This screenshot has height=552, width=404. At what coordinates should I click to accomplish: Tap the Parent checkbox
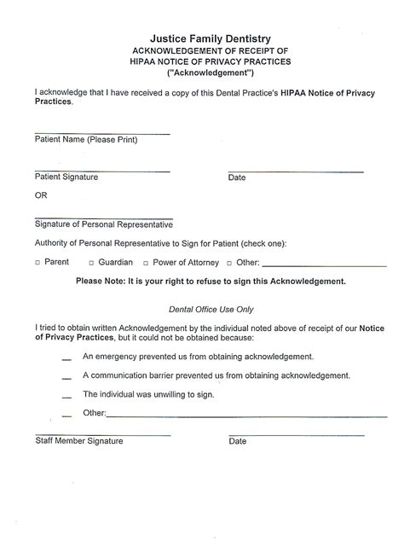(38, 263)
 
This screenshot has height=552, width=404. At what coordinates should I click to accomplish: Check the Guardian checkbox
(90, 263)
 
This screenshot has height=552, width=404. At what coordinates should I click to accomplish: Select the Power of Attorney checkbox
(146, 263)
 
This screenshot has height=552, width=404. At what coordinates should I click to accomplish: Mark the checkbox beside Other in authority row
(228, 263)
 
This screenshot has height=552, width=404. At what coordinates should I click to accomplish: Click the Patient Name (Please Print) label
(86, 140)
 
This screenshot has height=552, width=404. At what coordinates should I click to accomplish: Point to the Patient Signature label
(66, 177)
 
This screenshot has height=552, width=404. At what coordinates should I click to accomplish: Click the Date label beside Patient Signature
(237, 178)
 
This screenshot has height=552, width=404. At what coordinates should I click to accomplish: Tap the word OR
(41, 195)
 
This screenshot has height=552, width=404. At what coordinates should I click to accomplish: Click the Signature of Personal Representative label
(104, 225)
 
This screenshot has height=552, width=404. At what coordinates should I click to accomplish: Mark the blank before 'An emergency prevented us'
(66, 359)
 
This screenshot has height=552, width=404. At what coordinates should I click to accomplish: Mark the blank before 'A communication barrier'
(66, 378)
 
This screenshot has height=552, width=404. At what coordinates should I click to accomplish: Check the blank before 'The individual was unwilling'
(66, 397)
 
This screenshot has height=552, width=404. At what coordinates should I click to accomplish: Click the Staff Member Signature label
(78, 441)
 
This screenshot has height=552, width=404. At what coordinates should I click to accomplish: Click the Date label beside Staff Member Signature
(238, 441)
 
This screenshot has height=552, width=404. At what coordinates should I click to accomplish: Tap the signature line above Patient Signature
(102, 171)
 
